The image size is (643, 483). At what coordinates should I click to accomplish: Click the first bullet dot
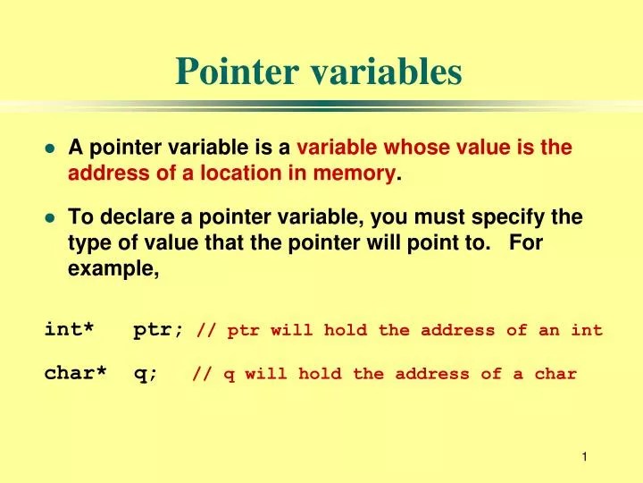tap(51, 149)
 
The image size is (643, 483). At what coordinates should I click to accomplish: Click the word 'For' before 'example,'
tap(527, 242)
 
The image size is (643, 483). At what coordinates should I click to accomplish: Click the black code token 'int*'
tap(69, 330)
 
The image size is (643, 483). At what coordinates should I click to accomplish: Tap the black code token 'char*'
tap(75, 374)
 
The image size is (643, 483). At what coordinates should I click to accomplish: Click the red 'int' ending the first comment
tap(587, 330)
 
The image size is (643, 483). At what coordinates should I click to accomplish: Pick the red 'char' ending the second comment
tap(555, 374)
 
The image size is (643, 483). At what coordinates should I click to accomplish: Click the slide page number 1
tap(584, 457)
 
